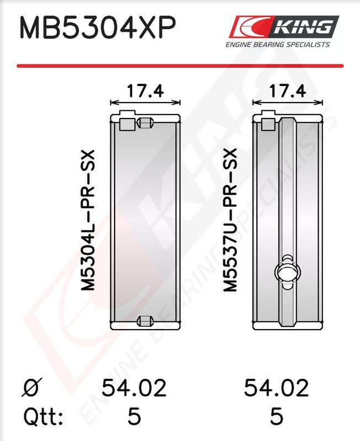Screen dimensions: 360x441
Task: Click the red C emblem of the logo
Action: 250,26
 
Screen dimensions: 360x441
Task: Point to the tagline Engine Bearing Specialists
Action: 278,45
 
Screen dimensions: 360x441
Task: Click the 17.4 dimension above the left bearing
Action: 145,91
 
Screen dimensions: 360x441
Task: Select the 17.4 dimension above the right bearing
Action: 287,91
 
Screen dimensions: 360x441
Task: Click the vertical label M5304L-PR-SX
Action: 88,220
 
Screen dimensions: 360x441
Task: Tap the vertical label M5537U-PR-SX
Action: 230,220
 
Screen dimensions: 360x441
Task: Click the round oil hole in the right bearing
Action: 287,272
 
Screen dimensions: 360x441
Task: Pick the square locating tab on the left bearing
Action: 127,124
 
